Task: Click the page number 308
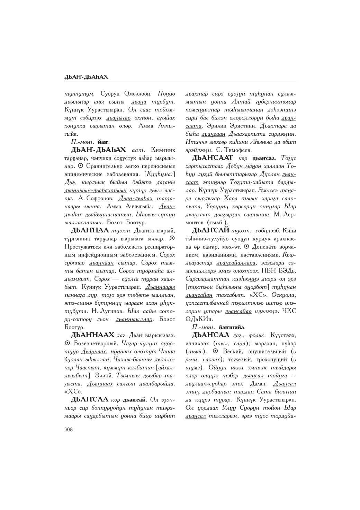point(69,429)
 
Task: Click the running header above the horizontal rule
point(86,77)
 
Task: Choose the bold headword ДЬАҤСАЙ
point(211,230)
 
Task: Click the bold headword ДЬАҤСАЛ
point(211,335)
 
